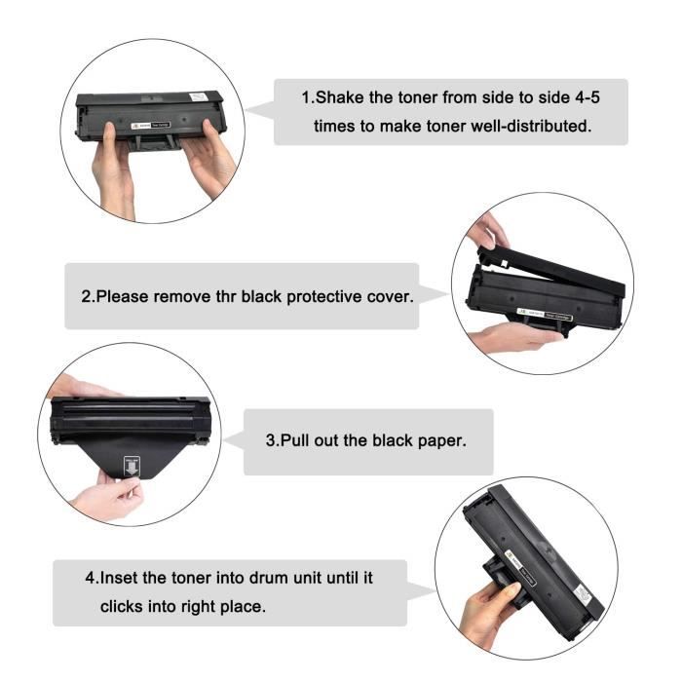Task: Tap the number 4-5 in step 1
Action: tap(593, 97)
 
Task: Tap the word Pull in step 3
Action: tap(298, 440)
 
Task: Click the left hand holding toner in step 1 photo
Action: tap(112, 170)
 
